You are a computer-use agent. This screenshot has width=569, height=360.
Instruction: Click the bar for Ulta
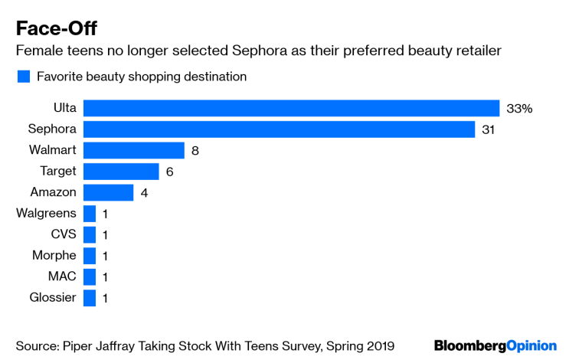point(291,108)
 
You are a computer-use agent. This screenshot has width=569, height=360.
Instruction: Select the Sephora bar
point(279,129)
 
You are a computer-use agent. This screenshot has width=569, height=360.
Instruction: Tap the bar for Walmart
point(134,150)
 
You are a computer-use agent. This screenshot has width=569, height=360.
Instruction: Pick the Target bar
point(121,172)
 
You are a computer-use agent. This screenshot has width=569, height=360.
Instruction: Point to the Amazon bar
point(108,192)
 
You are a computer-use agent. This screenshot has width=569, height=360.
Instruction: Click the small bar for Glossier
point(90,298)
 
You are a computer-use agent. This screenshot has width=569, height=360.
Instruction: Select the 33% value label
point(519,109)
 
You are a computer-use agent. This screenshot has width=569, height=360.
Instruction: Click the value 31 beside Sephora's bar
point(489,129)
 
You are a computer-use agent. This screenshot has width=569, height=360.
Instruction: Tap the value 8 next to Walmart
point(195,151)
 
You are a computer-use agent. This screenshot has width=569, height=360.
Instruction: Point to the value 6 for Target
point(169,172)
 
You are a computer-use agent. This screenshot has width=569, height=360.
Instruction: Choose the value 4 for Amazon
point(144,193)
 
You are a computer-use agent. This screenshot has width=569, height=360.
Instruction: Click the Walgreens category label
point(46,214)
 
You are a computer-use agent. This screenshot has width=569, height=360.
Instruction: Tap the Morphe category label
point(54,256)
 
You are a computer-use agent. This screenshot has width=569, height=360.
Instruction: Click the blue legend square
point(23,77)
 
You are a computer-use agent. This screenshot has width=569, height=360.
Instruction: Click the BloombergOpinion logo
point(495,345)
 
